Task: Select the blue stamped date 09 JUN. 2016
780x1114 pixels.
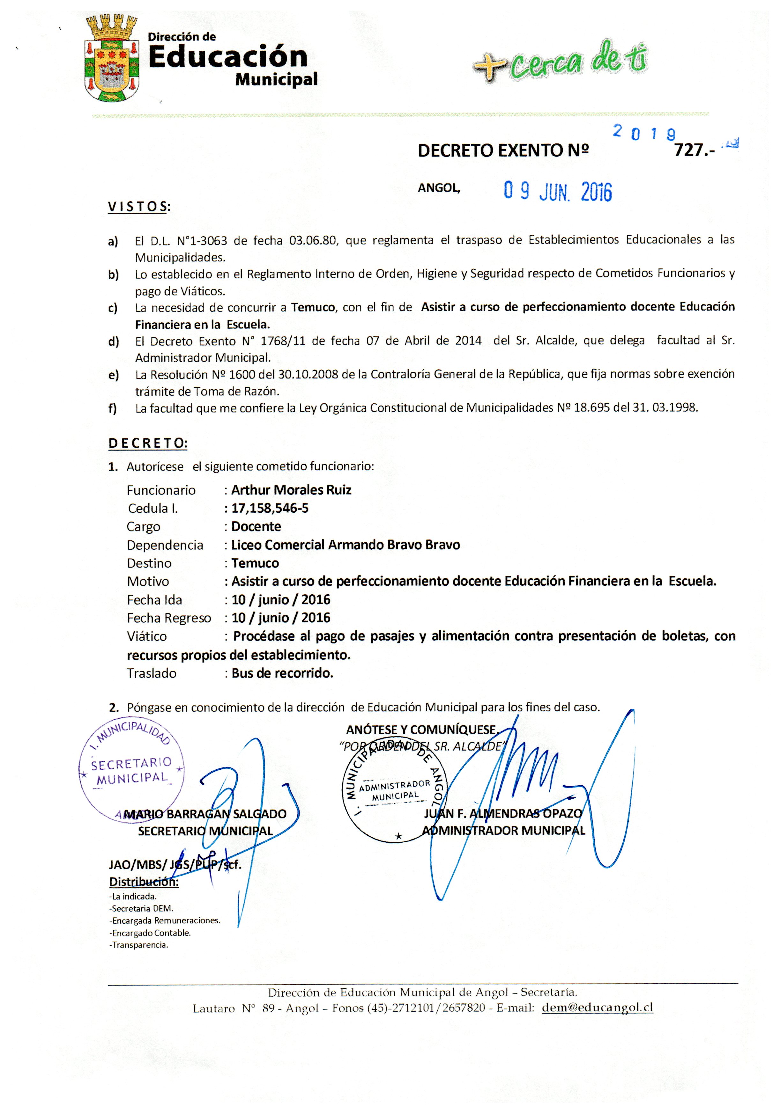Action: coord(558,192)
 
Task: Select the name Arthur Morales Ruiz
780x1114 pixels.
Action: coord(291,490)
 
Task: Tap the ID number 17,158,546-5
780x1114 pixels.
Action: coord(270,509)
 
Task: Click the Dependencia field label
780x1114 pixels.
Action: coord(165,545)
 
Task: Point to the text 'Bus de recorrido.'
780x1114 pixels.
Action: coord(282,673)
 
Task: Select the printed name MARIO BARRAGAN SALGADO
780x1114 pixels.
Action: coord(205,814)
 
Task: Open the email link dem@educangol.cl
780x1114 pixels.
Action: coord(597,1008)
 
